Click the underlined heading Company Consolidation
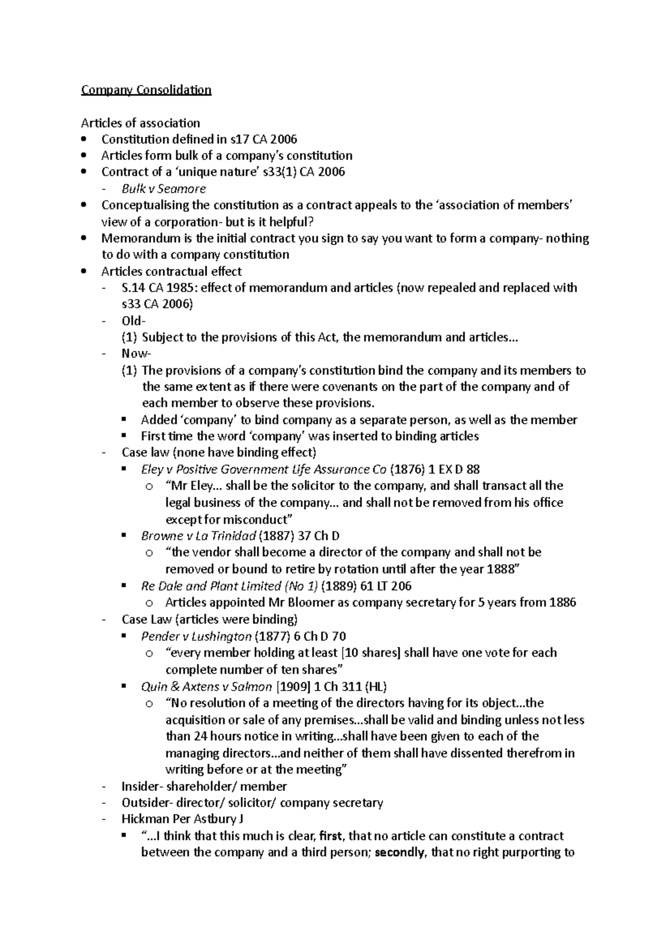(146, 90)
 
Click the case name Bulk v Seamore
(164, 189)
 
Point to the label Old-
(133, 321)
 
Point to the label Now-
(136, 354)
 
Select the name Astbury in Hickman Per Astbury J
(216, 820)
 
